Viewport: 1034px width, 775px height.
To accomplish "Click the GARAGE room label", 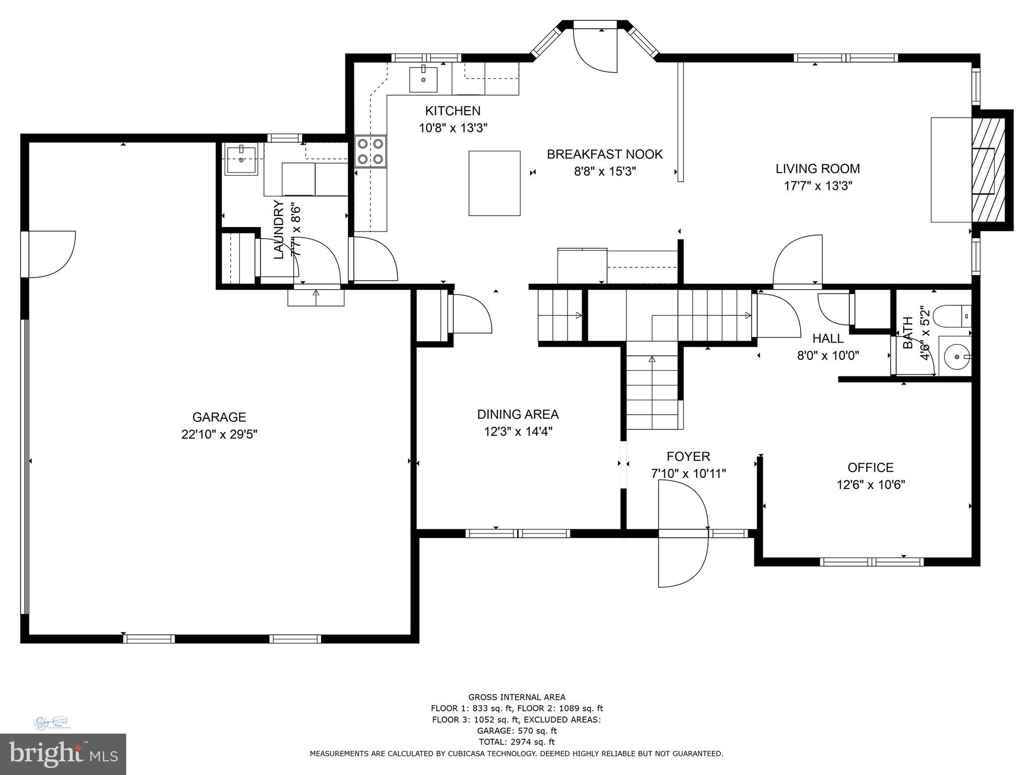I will [219, 417].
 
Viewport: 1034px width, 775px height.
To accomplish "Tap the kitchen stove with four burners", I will [371, 152].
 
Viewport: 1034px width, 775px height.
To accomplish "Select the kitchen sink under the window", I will [423, 79].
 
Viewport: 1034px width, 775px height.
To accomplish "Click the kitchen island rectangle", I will [494, 183].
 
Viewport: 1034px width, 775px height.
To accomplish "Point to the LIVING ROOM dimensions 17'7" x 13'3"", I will [817, 186].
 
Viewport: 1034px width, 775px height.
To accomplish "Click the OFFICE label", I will [870, 467].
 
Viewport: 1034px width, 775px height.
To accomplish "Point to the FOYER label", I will [688, 457].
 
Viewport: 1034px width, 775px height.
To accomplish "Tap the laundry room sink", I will [241, 159].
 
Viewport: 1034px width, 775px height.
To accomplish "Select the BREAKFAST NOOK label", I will [604, 154].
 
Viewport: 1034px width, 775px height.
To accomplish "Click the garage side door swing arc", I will [56, 255].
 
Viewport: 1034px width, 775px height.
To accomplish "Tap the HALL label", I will [828, 339].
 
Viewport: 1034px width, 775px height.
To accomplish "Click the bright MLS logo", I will [63, 754].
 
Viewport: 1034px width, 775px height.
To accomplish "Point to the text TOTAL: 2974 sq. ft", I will [516, 742].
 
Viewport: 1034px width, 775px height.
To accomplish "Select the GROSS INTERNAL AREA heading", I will [516, 697].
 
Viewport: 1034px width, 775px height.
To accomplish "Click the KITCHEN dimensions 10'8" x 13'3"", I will [453, 128].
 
